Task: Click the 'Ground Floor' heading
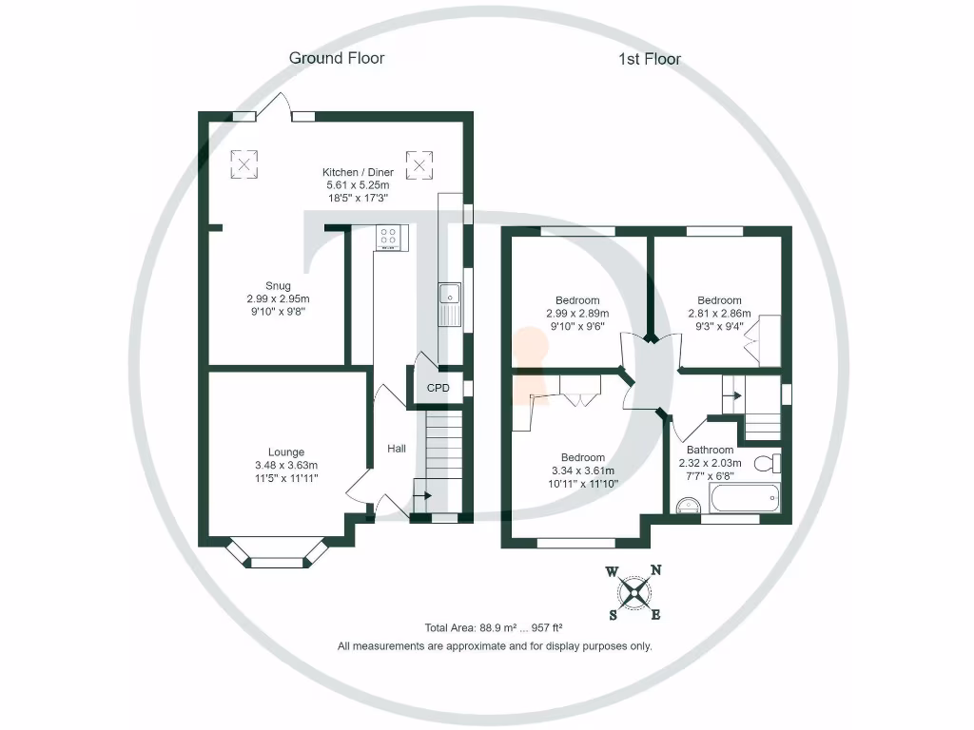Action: [337, 58]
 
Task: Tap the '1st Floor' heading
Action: [650, 59]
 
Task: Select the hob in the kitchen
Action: [390, 237]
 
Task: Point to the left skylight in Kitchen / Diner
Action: [245, 163]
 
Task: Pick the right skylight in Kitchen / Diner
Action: [419, 163]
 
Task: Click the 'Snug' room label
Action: [278, 286]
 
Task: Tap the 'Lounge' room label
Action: [285, 451]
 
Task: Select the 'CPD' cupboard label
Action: [438, 388]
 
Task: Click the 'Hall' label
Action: [398, 448]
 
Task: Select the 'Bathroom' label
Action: [710, 450]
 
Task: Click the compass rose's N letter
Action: [655, 570]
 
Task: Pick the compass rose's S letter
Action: [614, 614]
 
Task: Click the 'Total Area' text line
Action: [494, 627]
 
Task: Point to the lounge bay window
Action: [277, 556]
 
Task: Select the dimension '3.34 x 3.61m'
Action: [582, 471]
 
